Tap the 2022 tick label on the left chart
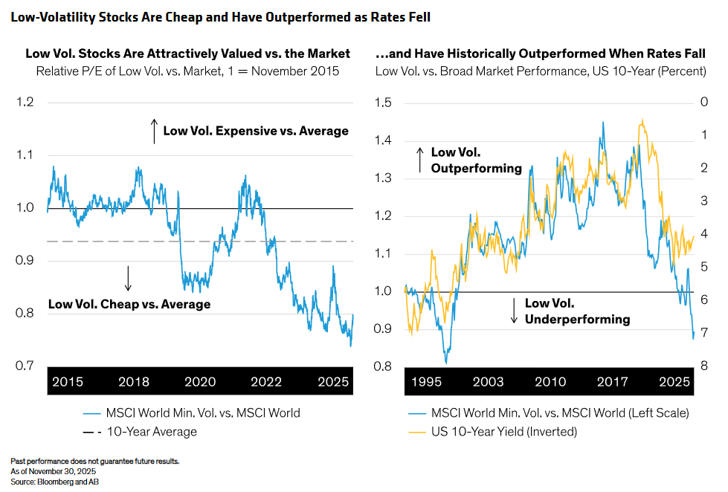266,382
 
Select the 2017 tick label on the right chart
612,382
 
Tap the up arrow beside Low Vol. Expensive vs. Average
154,130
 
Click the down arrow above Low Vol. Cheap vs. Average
128,278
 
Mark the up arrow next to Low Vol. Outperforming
420,160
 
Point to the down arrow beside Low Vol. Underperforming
514,311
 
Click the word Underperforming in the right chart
578,320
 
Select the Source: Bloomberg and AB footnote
55,482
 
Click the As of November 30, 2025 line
53,471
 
